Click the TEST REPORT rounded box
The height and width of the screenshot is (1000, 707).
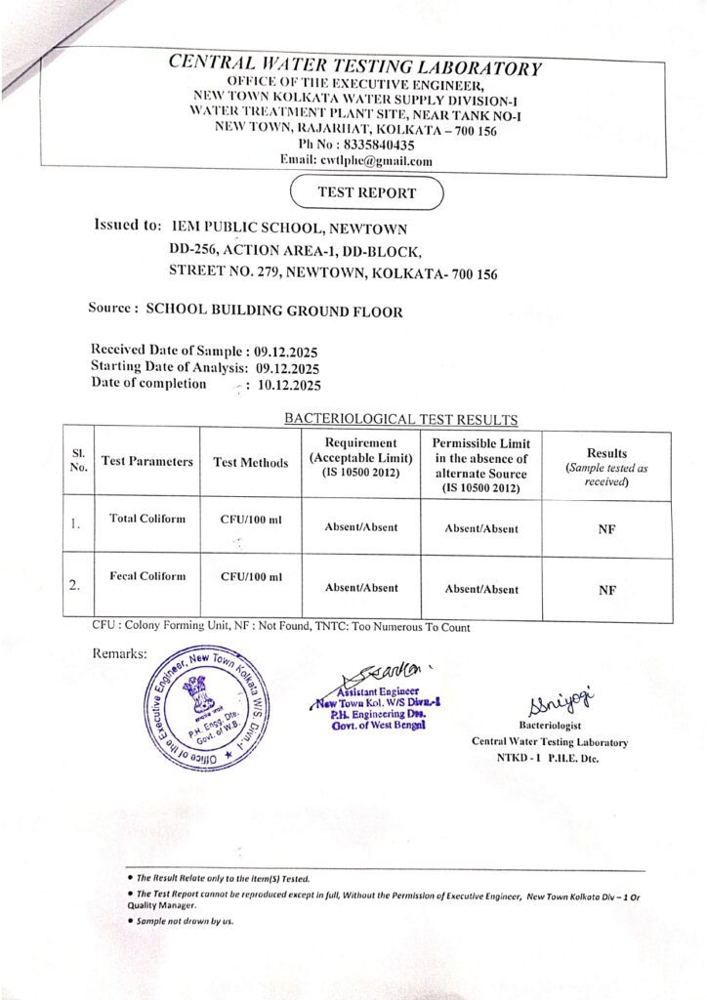[366, 193]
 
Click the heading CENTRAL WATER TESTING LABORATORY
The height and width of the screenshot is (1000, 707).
[354, 67]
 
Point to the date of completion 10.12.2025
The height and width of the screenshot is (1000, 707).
[289, 385]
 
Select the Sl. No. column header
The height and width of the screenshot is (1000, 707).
[78, 462]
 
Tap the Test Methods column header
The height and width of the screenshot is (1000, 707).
[250, 463]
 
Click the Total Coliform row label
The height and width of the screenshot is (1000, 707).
[146, 518]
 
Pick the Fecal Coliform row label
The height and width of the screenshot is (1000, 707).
[146, 576]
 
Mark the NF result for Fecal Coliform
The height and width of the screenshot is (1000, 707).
[605, 589]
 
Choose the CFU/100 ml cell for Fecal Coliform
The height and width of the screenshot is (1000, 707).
[251, 576]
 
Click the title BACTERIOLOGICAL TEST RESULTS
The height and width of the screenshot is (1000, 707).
[400, 419]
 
